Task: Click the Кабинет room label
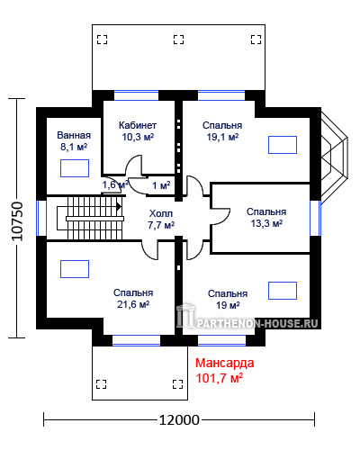coord(138,125)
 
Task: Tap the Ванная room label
coord(74,135)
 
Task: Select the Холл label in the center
coord(161,213)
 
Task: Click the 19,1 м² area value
coord(222,137)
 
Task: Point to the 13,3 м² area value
coord(266,223)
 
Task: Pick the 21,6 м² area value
coord(133,304)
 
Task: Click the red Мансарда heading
coord(225,363)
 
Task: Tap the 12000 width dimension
coord(179,420)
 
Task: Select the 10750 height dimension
coord(17,221)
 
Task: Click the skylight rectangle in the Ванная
coord(75,168)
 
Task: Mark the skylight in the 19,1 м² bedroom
coord(283,145)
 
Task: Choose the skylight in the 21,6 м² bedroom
coord(75,269)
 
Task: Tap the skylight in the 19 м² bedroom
coord(283,291)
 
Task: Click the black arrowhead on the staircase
coord(119,207)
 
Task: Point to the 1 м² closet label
coord(161,185)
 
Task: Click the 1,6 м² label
coord(115,184)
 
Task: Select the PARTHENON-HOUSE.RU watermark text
coord(257,323)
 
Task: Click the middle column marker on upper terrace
coord(178,40)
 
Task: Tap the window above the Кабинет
coord(137,95)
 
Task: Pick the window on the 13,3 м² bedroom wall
coord(315,218)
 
